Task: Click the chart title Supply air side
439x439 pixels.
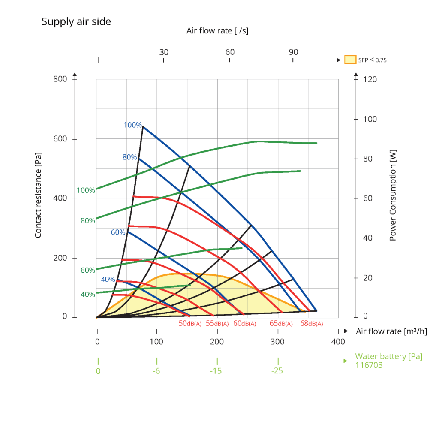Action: pos(76,21)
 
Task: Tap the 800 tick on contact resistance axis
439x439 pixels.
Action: pos(60,79)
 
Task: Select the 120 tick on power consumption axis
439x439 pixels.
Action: pos(370,79)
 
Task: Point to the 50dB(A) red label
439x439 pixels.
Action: pos(190,324)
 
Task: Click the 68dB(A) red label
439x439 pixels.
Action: pos(311,324)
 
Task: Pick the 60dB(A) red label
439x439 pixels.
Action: pos(244,324)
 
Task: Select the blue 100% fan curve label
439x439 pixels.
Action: pos(132,125)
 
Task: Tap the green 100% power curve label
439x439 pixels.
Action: pos(86,190)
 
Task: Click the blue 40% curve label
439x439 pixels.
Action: pos(108,280)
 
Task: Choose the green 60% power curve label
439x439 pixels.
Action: pos(87,271)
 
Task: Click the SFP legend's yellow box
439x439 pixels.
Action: pos(350,60)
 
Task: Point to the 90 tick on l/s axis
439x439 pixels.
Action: pos(293,52)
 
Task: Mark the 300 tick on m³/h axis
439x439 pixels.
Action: pos(277,342)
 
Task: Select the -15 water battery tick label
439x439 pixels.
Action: pos(216,371)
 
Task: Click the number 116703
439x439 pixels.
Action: pos(369,365)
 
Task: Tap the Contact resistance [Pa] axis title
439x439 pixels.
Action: pos(38,197)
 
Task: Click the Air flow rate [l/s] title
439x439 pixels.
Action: pos(217,31)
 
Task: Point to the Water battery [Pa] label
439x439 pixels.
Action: pos(389,356)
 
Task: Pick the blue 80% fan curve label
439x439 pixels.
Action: pos(129,157)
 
